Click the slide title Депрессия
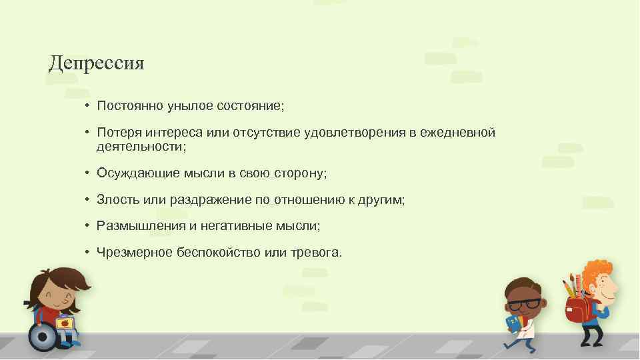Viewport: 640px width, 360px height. click(x=97, y=64)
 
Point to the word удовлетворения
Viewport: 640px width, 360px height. click(x=358, y=133)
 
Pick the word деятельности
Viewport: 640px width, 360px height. click(x=139, y=145)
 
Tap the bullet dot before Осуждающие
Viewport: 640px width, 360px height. click(x=87, y=173)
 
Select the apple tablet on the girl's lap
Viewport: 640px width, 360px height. click(x=65, y=324)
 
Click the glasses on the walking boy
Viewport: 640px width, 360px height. click(x=525, y=303)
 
